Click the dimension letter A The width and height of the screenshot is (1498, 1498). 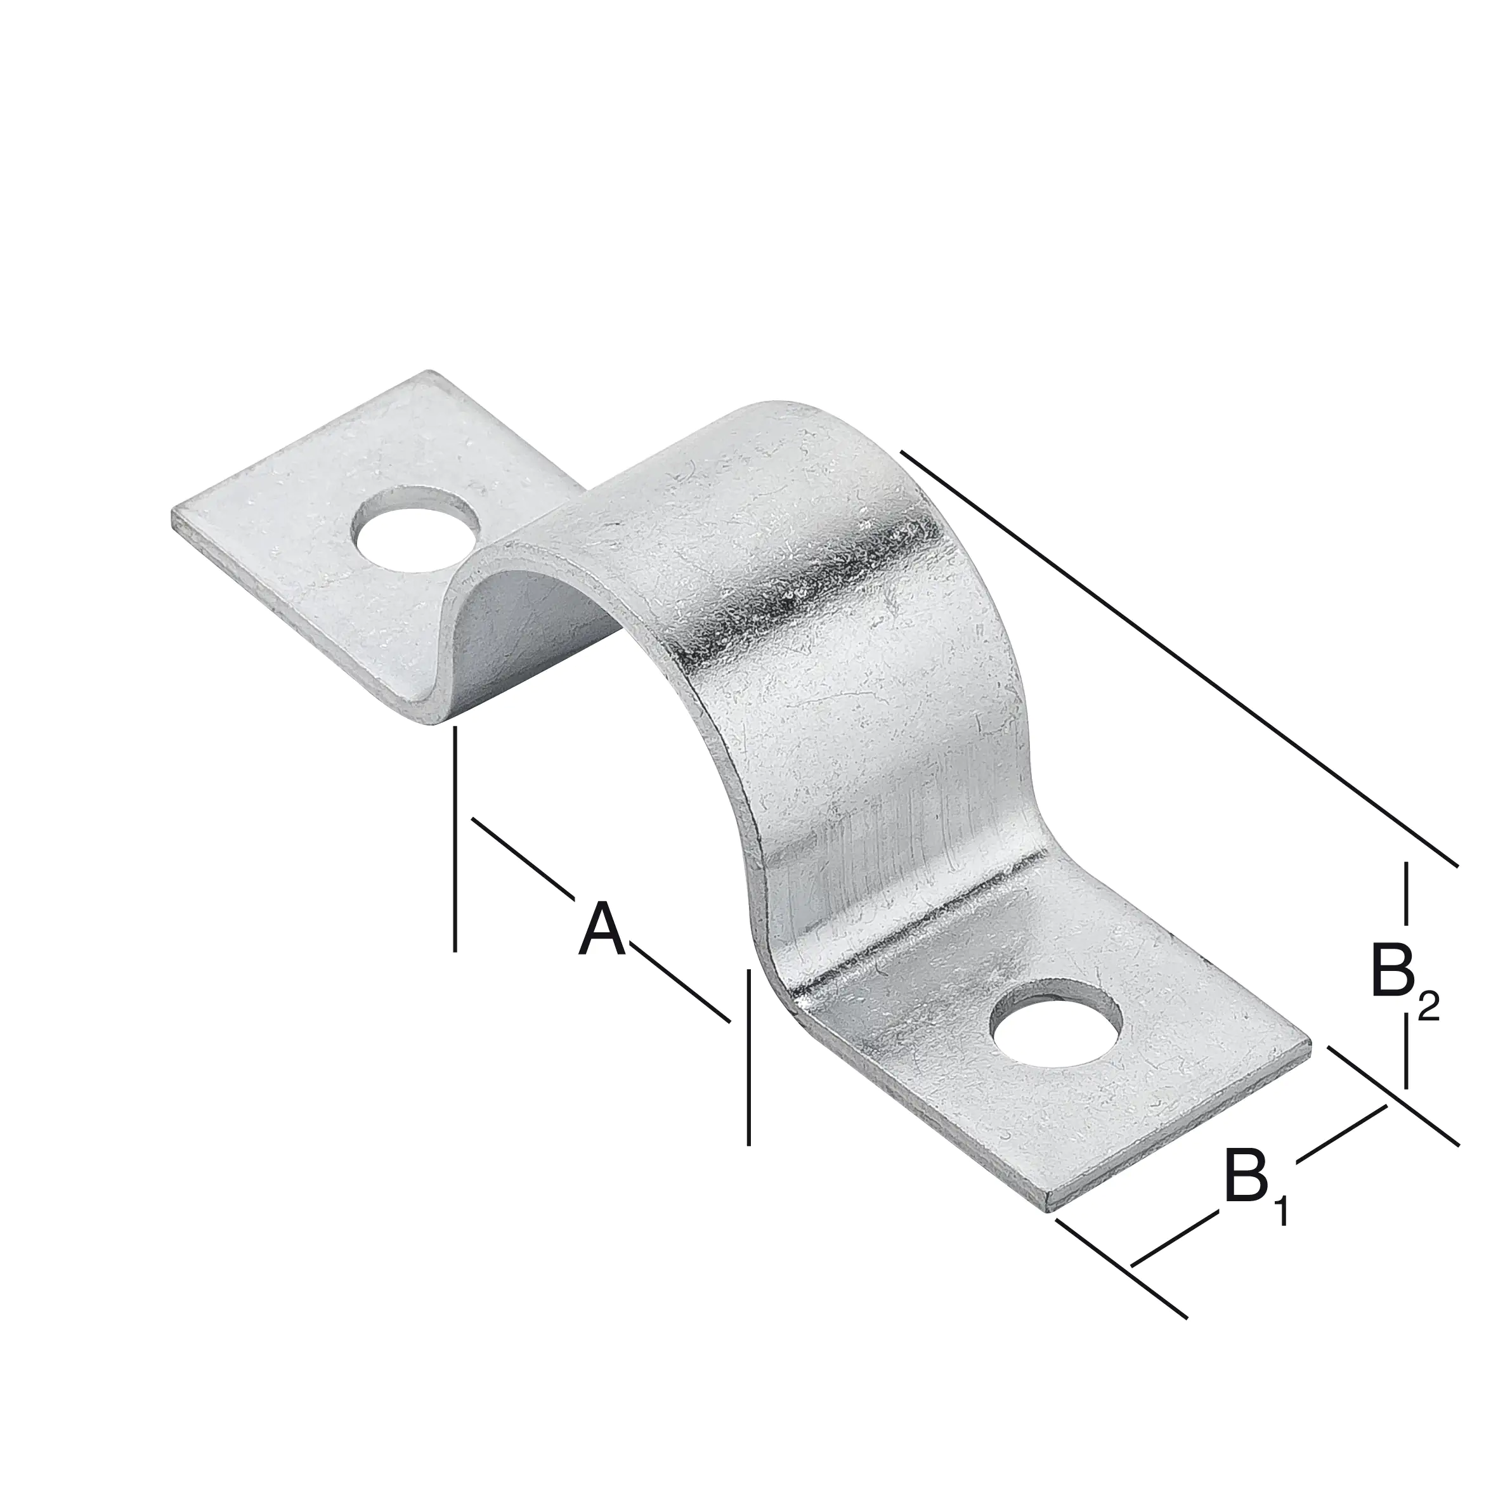click(602, 930)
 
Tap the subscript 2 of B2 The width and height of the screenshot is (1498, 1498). click(1428, 1007)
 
